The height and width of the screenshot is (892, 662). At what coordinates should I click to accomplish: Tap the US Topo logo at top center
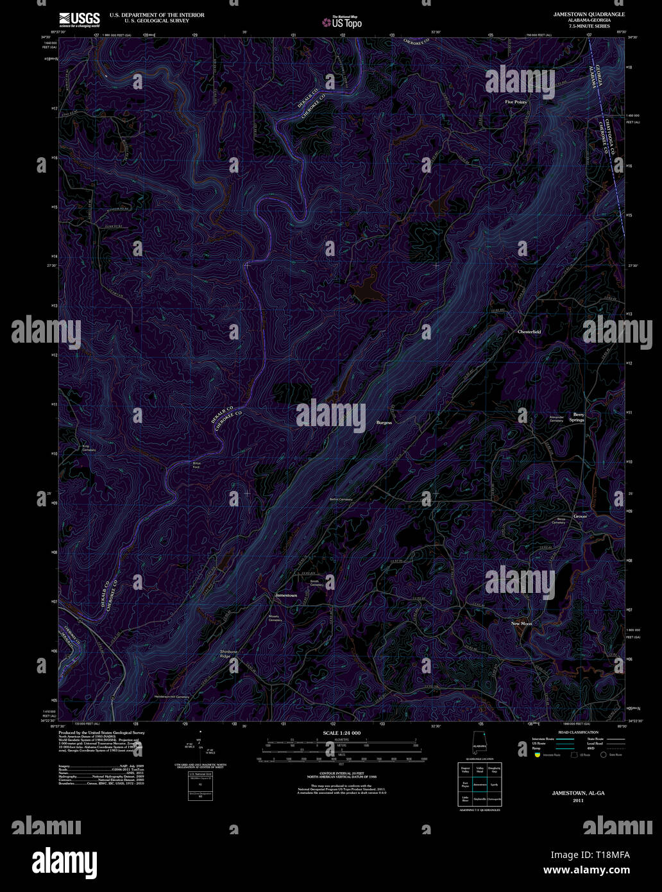(343, 21)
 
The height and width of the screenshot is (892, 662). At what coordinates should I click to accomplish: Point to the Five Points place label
(515, 102)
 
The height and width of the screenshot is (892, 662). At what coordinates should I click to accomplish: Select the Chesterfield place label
(529, 332)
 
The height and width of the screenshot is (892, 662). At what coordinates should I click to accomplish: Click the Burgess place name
(384, 423)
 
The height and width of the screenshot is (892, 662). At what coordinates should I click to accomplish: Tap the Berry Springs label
(579, 417)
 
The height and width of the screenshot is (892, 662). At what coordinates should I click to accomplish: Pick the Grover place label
(580, 516)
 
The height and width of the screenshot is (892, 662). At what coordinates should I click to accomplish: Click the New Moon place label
(522, 624)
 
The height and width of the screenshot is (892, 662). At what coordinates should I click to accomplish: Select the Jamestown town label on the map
(285, 596)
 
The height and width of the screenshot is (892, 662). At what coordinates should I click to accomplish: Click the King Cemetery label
(89, 448)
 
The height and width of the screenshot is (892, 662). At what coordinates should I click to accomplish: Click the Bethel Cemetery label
(341, 499)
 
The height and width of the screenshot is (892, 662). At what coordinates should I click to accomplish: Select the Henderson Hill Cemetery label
(172, 697)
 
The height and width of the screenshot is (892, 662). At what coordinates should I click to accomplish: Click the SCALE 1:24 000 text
(341, 733)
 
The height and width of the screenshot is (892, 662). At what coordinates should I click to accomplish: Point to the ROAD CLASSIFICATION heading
(577, 732)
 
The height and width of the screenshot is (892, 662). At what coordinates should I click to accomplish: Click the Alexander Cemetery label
(556, 419)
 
